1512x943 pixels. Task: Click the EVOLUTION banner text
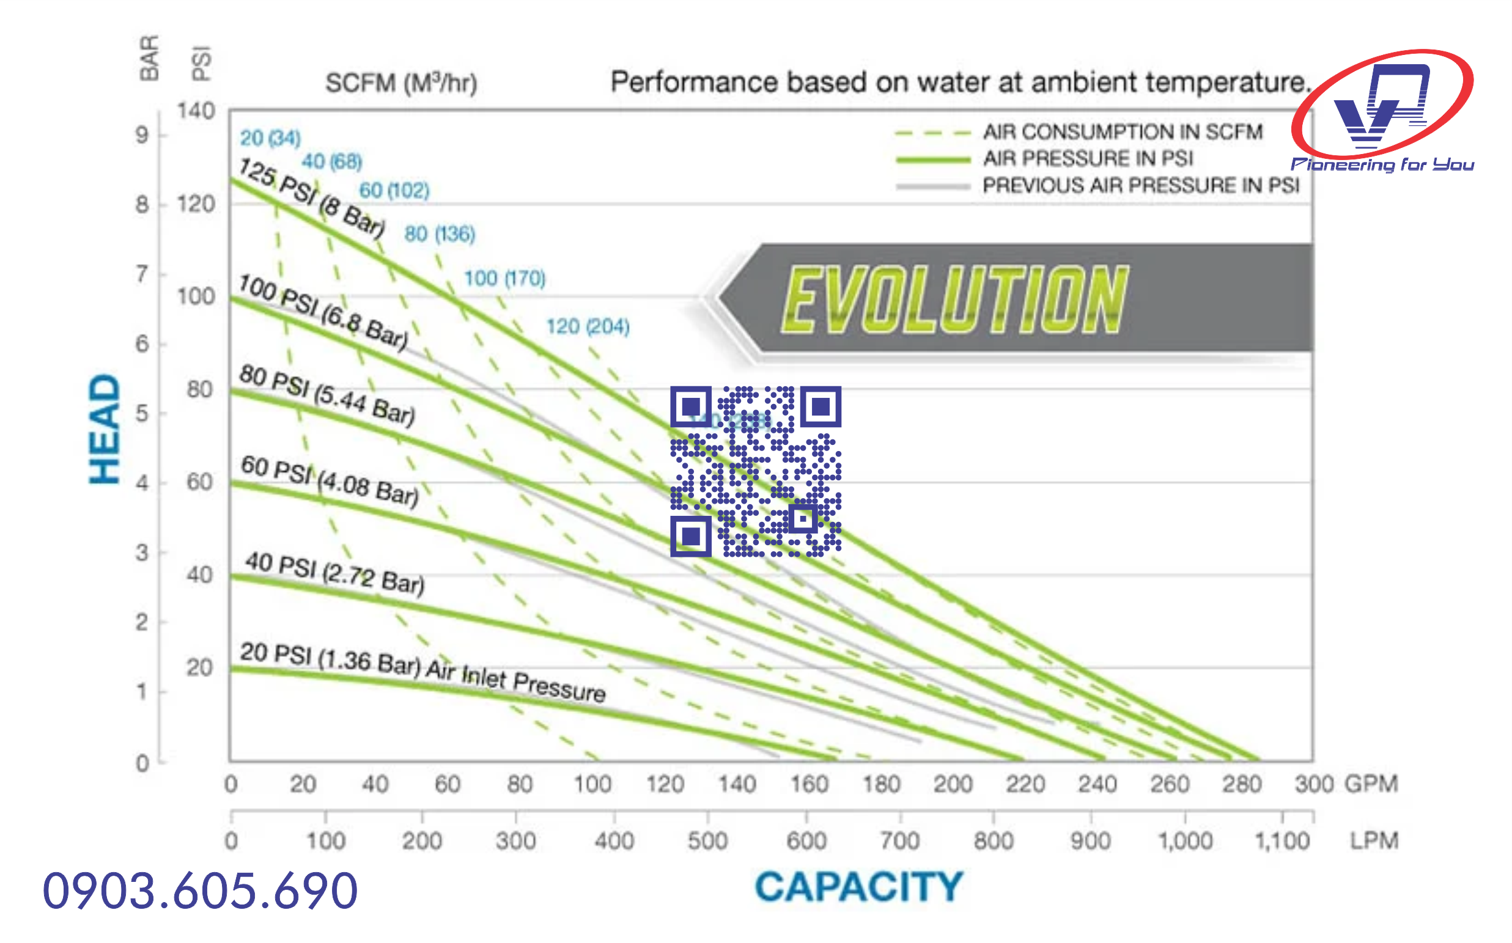(954, 299)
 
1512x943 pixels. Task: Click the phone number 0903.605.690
(200, 890)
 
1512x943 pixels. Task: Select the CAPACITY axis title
(859, 886)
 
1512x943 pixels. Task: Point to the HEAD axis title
(104, 429)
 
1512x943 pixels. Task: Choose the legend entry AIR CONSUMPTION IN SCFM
(1122, 132)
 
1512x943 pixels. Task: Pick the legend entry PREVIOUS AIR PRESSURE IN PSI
(1140, 186)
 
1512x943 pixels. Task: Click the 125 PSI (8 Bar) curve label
(312, 197)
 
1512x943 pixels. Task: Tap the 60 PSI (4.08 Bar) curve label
(330, 481)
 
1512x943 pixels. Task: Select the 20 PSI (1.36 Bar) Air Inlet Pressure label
(422, 672)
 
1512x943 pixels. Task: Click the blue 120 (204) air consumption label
(588, 326)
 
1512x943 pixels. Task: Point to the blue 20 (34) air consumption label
(270, 138)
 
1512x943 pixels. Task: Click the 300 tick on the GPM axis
(1314, 784)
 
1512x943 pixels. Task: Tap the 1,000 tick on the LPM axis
(1185, 841)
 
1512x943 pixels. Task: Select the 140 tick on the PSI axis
(196, 112)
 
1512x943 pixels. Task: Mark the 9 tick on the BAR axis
(143, 134)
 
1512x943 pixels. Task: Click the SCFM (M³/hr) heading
(401, 83)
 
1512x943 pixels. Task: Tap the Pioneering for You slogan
(1382, 164)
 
